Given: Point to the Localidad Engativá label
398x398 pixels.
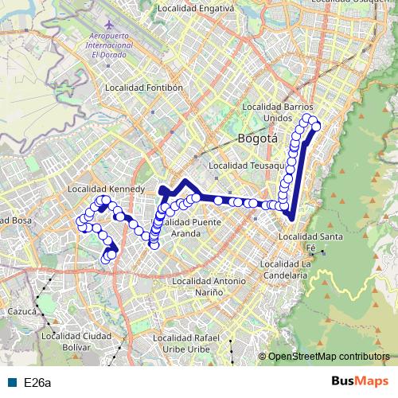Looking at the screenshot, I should [196, 8].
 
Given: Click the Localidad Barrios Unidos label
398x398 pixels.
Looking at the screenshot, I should [278, 111].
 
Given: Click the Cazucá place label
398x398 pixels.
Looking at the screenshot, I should [21, 311].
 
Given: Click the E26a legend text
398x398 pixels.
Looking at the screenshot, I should [37, 383].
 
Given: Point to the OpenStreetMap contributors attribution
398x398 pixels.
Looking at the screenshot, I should [328, 357].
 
